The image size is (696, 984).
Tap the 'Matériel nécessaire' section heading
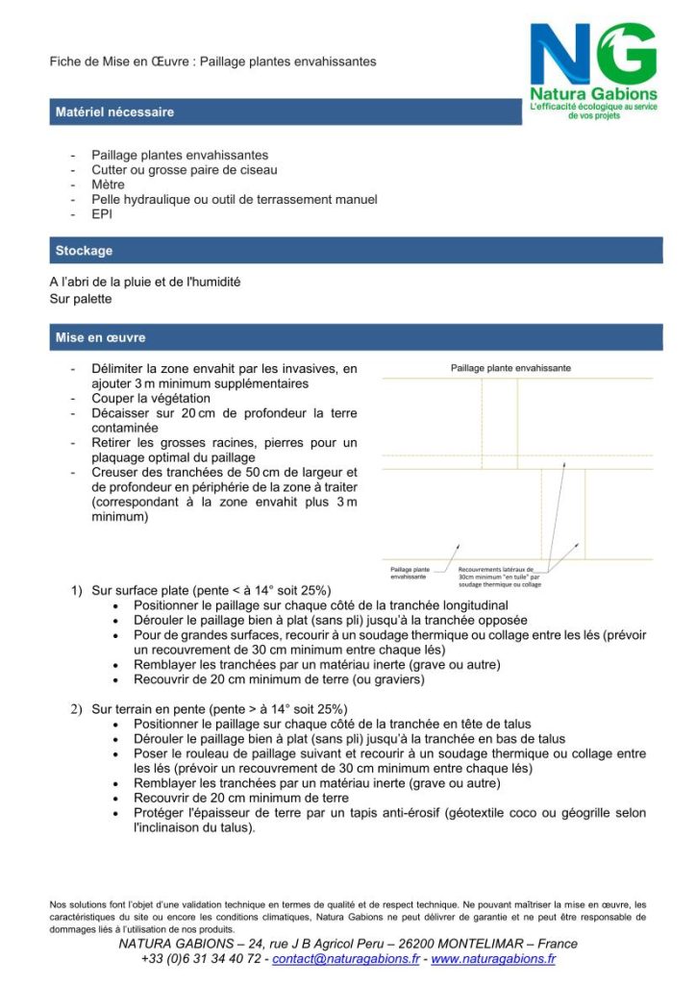[x=115, y=112]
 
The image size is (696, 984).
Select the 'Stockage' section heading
[x=85, y=251]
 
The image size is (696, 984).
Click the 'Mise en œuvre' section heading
[x=101, y=338]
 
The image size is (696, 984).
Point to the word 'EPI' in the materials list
[x=102, y=214]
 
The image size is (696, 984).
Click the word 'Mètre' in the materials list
[x=109, y=184]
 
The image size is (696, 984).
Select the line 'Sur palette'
[x=81, y=299]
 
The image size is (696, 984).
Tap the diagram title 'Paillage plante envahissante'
[x=510, y=368]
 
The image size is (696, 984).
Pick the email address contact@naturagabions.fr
[x=346, y=959]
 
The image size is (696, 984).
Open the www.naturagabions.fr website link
[x=493, y=959]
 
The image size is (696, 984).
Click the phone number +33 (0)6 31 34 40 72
[x=200, y=959]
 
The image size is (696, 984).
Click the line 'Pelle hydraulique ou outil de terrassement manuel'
[x=234, y=199]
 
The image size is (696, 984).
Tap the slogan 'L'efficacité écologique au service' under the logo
[x=593, y=107]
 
